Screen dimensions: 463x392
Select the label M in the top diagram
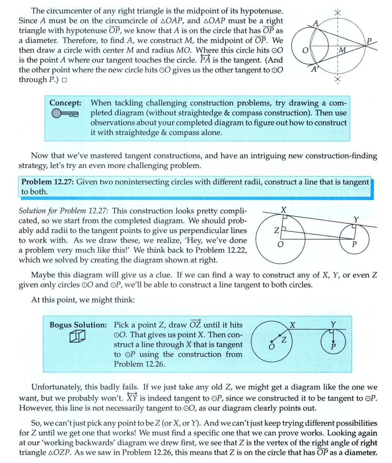point(342,50)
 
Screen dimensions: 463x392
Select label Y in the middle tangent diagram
point(356,219)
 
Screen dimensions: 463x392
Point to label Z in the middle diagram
point(277,232)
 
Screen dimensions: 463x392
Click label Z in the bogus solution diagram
point(283,340)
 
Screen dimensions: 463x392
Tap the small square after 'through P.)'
point(65,80)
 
